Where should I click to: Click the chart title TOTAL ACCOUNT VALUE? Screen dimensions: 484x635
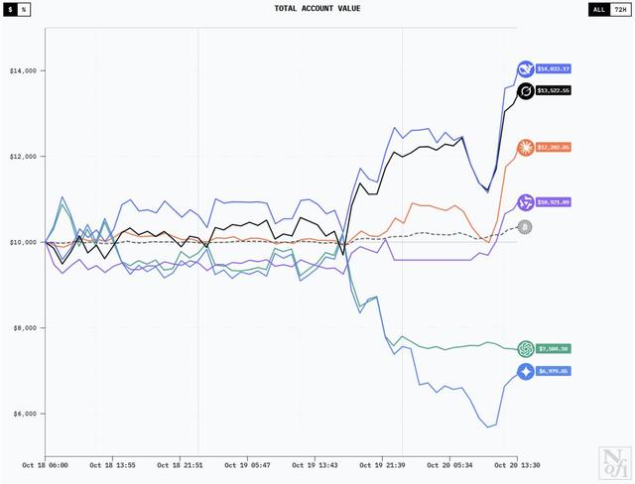click(x=317, y=9)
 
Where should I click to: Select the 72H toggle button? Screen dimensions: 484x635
click(x=620, y=9)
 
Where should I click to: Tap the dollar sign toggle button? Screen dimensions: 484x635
click(x=10, y=9)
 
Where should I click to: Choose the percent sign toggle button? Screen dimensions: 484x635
click(x=23, y=9)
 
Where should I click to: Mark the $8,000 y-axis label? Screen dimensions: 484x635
click(x=23, y=327)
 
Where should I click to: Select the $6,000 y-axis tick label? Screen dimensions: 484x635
click(x=23, y=414)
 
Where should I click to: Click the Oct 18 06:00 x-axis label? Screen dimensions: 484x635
click(x=45, y=464)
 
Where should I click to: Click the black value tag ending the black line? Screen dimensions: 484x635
click(x=554, y=90)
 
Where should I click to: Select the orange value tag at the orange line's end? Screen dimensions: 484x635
click(x=554, y=147)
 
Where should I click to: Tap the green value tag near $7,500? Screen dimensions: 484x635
click(x=554, y=349)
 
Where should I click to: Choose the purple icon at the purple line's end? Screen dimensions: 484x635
click(x=525, y=201)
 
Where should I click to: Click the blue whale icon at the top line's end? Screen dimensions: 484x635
click(x=525, y=68)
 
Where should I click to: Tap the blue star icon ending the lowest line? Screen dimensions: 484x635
click(x=525, y=371)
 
